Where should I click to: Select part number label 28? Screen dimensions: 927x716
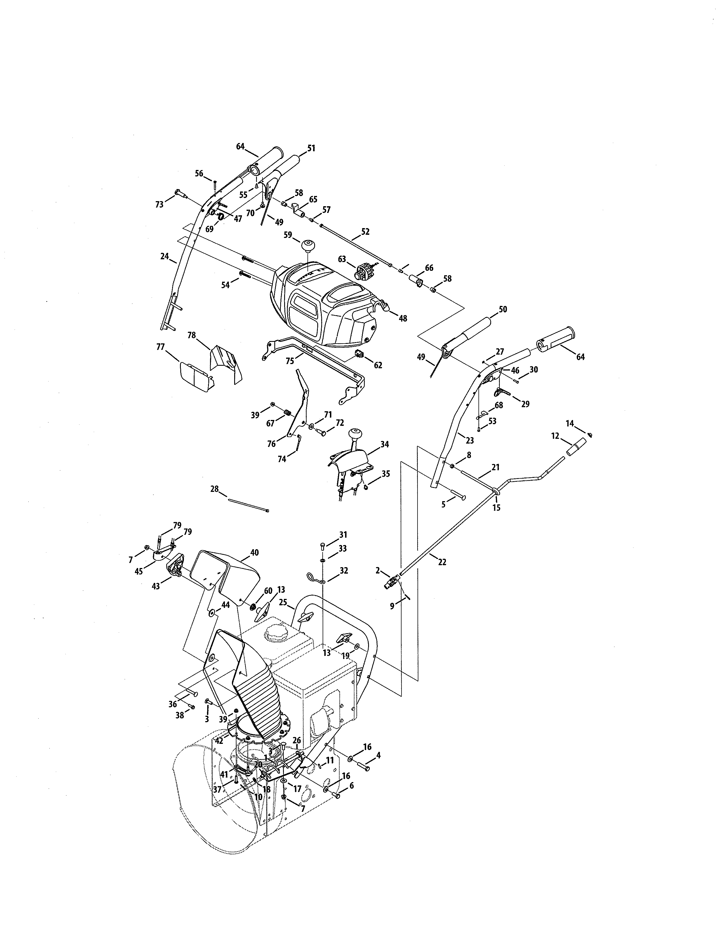pos(214,489)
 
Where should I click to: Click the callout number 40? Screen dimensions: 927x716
pos(254,553)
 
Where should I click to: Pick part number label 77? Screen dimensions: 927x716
pos(160,347)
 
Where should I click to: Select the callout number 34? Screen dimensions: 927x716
pos(385,444)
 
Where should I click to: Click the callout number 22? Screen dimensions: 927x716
pos(442,562)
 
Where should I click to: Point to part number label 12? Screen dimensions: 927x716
pos(555,436)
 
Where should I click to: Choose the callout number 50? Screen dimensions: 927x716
pos(503,310)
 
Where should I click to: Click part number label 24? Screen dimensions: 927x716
pos(165,256)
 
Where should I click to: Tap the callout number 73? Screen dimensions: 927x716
pos(159,205)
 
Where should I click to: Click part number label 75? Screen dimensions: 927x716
pos(290,361)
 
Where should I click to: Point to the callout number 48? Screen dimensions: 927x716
pos(403,318)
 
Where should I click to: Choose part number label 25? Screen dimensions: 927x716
pos(283,602)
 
